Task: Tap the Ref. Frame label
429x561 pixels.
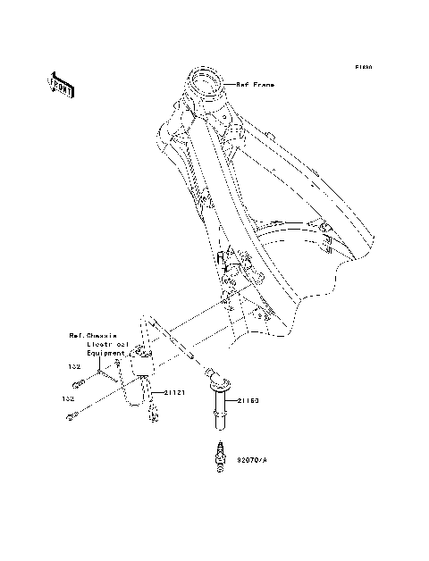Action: (255, 84)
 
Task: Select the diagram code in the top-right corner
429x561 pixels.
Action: (362, 67)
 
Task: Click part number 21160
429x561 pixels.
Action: (248, 402)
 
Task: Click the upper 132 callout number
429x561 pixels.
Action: (75, 366)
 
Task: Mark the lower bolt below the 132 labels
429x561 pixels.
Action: (75, 414)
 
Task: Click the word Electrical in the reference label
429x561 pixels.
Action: (107, 343)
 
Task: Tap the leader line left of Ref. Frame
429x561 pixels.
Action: (225, 84)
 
